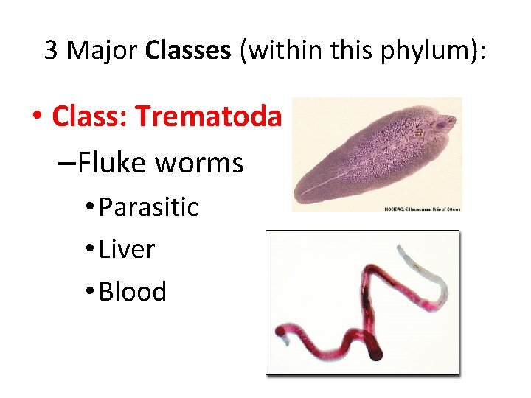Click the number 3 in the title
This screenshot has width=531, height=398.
pos(52,51)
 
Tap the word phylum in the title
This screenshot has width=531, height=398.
pos(427,51)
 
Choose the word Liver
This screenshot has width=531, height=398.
pos(127,250)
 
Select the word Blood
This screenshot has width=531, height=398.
pos(133,292)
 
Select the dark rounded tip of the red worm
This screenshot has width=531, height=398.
pos(375,355)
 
